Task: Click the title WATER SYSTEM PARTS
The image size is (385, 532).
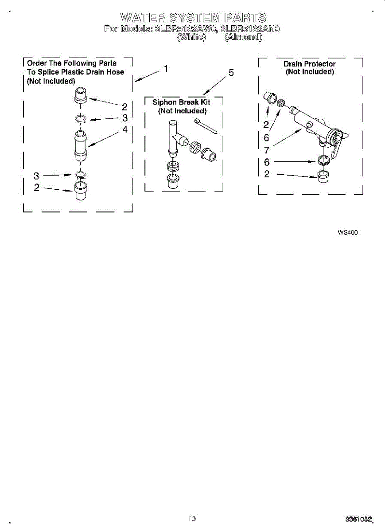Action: click(193, 18)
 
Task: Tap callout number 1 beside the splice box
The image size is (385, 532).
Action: click(165, 69)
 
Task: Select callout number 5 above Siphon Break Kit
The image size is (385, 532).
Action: click(231, 73)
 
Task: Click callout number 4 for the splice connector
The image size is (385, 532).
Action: click(125, 129)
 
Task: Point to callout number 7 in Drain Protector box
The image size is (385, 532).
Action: click(267, 150)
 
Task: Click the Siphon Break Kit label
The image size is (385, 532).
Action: click(181, 102)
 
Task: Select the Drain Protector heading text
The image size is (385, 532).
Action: click(309, 64)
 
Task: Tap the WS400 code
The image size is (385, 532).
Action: click(347, 232)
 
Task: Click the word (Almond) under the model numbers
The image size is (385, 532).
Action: click(243, 38)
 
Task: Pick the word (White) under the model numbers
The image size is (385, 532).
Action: click(191, 38)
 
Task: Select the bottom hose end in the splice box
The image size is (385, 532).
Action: click(80, 191)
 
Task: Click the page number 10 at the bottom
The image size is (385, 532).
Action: click(192, 518)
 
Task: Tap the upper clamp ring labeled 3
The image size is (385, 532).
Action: click(80, 118)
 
